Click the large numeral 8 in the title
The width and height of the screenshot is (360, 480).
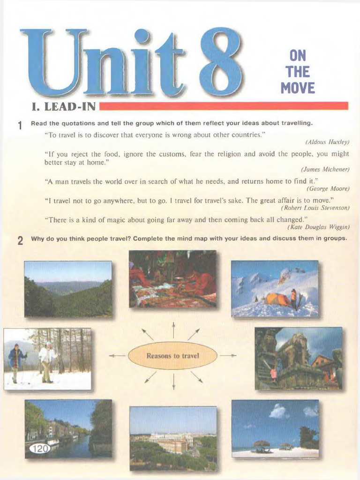pyautogui.click(x=221, y=62)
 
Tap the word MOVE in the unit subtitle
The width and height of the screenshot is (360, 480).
pyautogui.click(x=298, y=88)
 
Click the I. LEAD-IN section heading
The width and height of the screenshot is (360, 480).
pyautogui.click(x=63, y=107)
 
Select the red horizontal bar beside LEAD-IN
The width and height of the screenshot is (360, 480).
pyautogui.click(x=224, y=106)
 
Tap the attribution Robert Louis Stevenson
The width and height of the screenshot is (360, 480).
pyautogui.click(x=315, y=208)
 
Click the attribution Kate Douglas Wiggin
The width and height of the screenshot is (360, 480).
pyautogui.click(x=318, y=227)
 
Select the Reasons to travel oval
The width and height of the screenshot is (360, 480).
pyautogui.click(x=172, y=356)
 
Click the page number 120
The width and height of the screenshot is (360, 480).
pyautogui.click(x=40, y=449)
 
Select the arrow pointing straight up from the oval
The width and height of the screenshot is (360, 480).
pyautogui.click(x=173, y=330)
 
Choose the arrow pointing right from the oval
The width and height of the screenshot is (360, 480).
pyautogui.click(x=228, y=356)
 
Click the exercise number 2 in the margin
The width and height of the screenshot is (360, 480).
pyautogui.click(x=20, y=241)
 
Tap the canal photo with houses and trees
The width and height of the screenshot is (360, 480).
pyautogui.click(x=68, y=428)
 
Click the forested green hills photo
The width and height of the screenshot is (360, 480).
pyautogui.click(x=68, y=289)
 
